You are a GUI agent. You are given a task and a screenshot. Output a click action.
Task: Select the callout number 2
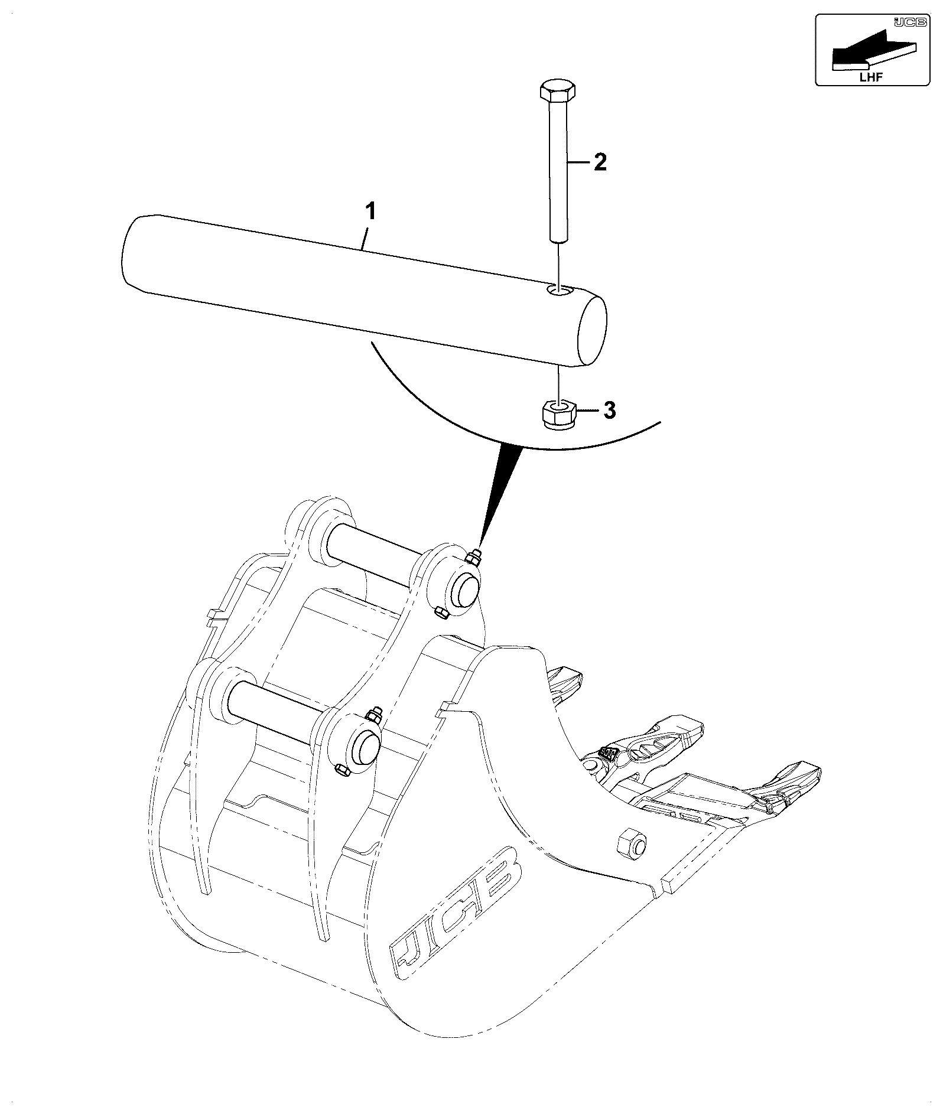pos(599,161)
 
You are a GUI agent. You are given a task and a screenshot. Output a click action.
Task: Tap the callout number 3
pos(609,410)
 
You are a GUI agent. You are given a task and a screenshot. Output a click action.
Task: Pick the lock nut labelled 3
pos(559,414)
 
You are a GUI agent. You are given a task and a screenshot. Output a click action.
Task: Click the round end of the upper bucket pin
pos(464,590)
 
